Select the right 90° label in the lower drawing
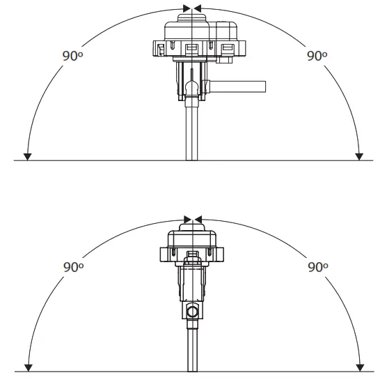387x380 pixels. (317, 267)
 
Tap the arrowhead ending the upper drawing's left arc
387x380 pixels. (26, 156)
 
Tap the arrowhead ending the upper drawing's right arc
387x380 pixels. (359, 156)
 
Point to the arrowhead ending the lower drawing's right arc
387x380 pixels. (359, 367)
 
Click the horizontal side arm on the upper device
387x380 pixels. (239, 86)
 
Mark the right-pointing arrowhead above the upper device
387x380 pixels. (187, 8)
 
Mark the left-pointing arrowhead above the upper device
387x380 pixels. (197, 8)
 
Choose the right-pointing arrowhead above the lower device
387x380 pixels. (187, 219)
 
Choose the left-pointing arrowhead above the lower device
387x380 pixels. (197, 219)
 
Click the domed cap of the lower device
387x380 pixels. (192, 234)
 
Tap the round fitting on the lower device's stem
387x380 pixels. (192, 310)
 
